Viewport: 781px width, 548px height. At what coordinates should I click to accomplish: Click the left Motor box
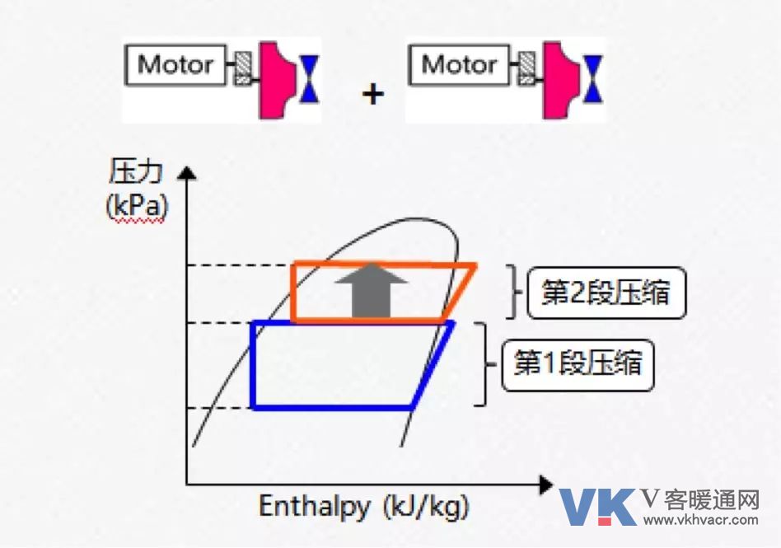pos(175,65)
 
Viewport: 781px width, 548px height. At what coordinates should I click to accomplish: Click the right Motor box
pos(459,65)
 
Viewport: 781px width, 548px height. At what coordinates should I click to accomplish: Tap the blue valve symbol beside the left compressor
pos(309,79)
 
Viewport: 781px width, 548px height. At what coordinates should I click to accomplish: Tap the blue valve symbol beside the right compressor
pos(592,79)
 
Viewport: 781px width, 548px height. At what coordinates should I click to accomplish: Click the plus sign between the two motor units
pos(373,94)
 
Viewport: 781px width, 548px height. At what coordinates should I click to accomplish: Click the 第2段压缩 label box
pos(606,293)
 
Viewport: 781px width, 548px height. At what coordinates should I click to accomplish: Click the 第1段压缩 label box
pos(578,365)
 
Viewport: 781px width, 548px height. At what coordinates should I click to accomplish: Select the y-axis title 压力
pos(135,172)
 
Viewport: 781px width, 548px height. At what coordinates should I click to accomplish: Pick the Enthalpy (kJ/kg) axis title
pos(364,507)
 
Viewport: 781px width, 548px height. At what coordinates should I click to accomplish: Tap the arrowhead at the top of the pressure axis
pos(187,172)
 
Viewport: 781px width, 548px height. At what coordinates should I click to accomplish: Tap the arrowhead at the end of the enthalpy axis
pos(546,485)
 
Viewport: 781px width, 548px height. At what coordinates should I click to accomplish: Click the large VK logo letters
pos(598,507)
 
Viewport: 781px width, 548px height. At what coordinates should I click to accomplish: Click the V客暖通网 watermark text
pos(700,499)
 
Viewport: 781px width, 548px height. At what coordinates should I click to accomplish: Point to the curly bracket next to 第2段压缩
pos(514,292)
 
